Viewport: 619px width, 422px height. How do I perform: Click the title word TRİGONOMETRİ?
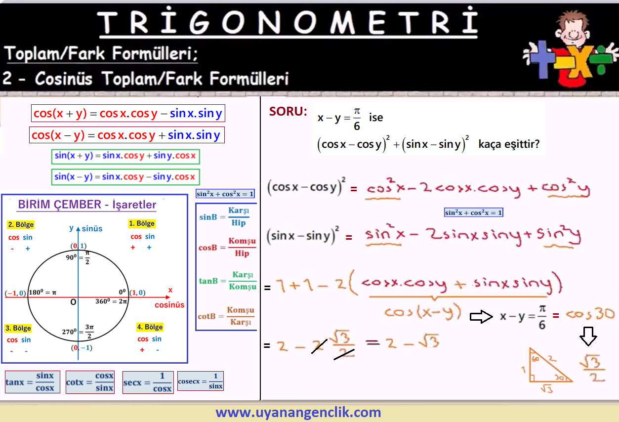coord(288,21)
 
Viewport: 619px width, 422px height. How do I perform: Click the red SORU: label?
coord(288,111)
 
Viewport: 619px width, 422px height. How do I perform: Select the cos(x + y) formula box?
coord(128,113)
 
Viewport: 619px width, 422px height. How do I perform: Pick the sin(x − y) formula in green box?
coord(125,177)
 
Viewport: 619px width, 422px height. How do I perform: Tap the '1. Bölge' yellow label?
coord(142,223)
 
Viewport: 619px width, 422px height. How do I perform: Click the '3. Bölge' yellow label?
coord(18,328)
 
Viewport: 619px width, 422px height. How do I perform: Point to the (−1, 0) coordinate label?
coord(15,293)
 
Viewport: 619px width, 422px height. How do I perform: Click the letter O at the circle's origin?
coord(73,302)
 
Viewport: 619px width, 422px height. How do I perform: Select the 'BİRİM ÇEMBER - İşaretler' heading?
coord(87,205)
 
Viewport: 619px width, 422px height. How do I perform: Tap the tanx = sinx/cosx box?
coord(32,382)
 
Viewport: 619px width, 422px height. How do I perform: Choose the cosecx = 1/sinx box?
coord(201,381)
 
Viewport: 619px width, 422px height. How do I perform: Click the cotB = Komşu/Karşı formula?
coord(226,316)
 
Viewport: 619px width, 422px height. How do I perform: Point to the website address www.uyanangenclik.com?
coord(298,412)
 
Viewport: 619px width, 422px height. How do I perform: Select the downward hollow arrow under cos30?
coord(588,336)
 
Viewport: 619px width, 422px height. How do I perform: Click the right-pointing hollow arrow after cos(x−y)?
coord(481,316)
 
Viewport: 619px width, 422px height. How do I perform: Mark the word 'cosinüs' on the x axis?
coord(169,305)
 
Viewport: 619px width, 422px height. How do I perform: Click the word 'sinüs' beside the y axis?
coord(92,229)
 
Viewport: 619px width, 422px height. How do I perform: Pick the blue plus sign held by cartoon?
coord(542,59)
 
